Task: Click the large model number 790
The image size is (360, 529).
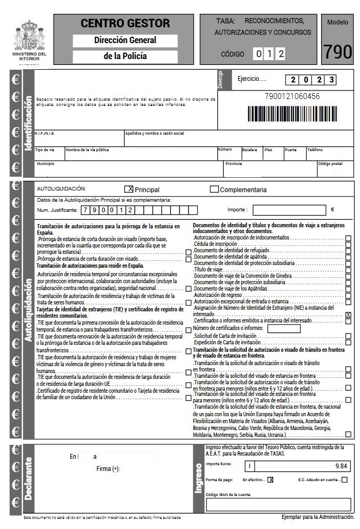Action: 338,52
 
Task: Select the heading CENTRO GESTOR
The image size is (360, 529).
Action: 125,23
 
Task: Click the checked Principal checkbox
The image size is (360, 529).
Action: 128,189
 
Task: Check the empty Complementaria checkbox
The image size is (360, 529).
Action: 214,189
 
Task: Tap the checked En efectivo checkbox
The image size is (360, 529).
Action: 270,480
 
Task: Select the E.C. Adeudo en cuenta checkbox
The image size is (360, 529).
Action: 345,480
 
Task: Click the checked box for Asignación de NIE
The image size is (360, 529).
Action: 348,315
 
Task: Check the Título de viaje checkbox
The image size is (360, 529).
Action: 348,270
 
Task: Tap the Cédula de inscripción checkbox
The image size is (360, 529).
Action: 348,244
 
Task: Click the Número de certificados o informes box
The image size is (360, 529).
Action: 283,328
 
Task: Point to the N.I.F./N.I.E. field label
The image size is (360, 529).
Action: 45,133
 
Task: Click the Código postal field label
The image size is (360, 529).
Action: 330,164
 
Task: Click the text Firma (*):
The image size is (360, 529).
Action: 109,468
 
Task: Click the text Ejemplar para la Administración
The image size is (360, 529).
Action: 317,517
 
